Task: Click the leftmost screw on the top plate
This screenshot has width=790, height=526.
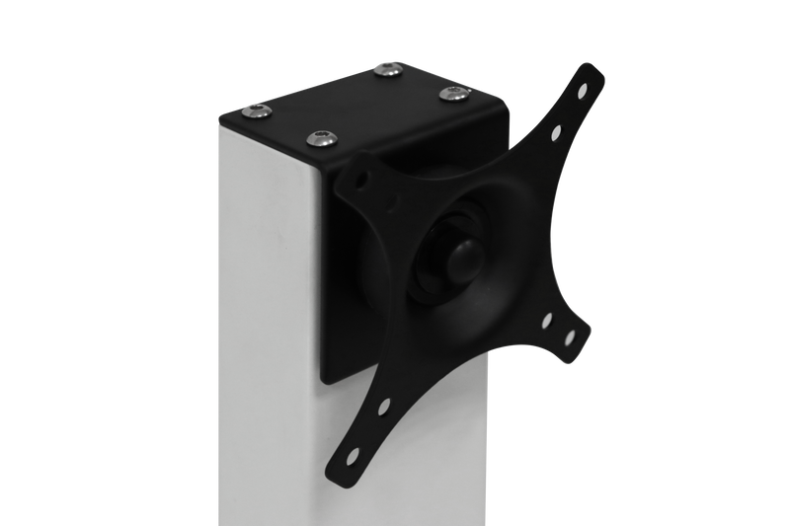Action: [x=259, y=113]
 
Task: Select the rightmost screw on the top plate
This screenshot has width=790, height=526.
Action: [x=453, y=94]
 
